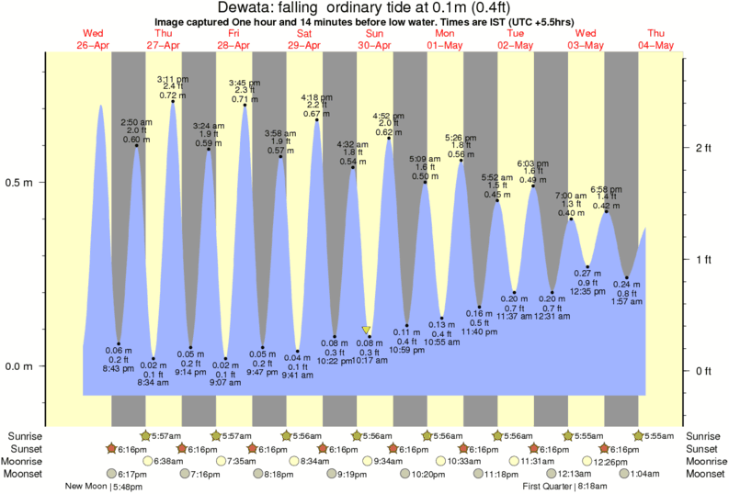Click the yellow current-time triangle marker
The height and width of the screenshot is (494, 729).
[x=367, y=330]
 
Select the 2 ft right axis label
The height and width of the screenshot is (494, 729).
[x=704, y=148]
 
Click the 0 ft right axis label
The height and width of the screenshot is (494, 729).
[x=704, y=370]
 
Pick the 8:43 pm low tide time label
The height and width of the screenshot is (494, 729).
[x=120, y=369]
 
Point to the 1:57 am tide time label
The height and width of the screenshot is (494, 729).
[x=626, y=301]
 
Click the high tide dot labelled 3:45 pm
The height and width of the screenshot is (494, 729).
[x=244, y=106]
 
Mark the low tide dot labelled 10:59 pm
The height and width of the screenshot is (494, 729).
[x=406, y=325]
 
